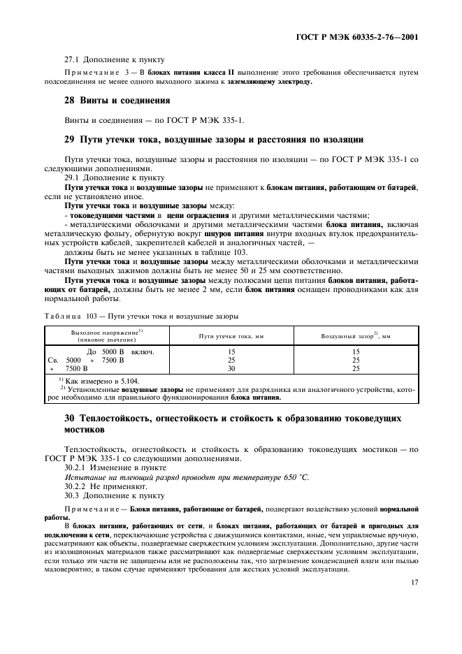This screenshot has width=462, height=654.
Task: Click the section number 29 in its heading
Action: tap(69, 140)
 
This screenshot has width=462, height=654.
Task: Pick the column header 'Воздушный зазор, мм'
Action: tap(355, 336)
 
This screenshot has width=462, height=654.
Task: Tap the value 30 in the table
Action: tap(231, 368)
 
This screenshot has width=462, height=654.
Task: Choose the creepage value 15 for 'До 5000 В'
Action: tap(231, 351)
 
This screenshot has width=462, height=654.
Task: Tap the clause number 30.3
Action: tap(73, 495)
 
